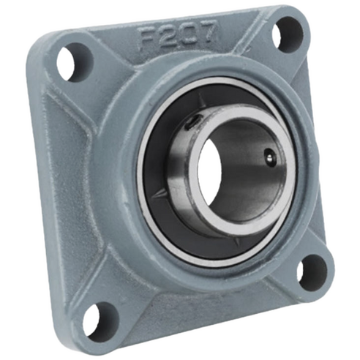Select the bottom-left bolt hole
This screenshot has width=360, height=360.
click(x=100, y=319)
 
